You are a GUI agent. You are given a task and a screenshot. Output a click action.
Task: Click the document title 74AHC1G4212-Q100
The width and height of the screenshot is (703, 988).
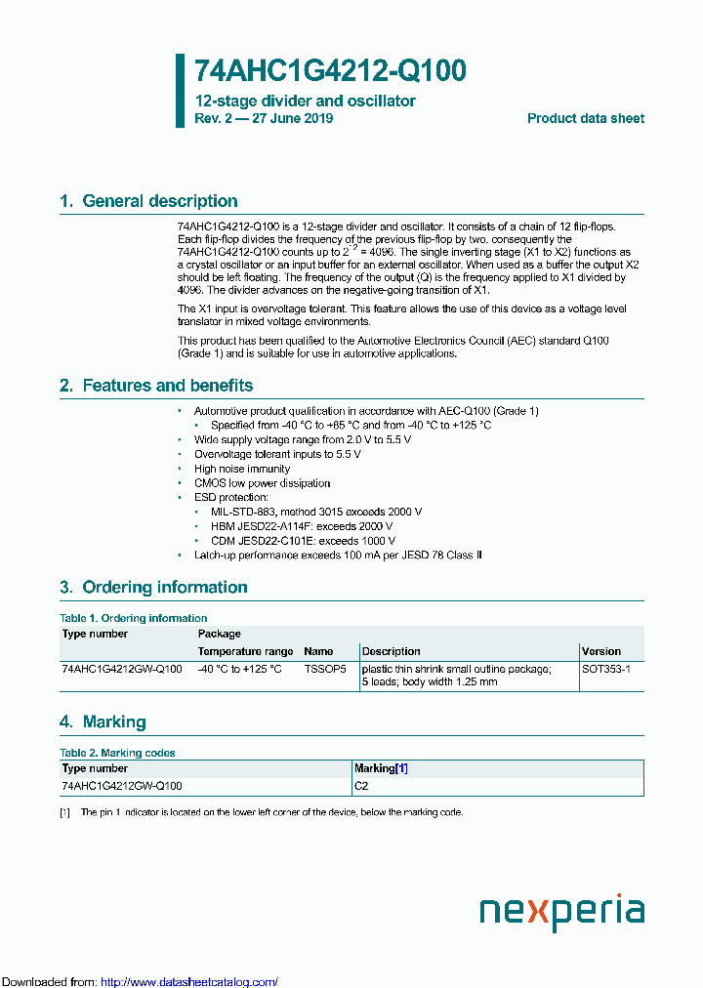[x=330, y=71]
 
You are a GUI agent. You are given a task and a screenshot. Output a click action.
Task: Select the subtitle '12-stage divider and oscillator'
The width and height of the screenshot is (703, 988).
[x=305, y=101]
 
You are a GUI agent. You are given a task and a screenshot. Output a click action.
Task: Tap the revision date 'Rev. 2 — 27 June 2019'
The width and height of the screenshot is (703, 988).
[x=264, y=118]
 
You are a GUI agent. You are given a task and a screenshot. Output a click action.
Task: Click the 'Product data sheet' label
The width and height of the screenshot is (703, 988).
[x=585, y=118]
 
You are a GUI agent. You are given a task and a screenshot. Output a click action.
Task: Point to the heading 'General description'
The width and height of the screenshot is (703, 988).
[x=159, y=201]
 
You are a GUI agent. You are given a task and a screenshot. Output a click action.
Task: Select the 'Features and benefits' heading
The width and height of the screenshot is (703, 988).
[x=167, y=386]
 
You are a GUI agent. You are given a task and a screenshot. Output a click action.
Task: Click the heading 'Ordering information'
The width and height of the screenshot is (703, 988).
[x=164, y=587]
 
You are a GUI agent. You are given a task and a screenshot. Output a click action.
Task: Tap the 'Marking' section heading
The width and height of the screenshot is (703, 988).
[x=113, y=721]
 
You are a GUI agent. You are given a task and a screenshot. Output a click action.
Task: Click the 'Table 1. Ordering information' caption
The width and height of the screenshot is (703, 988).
[x=133, y=618]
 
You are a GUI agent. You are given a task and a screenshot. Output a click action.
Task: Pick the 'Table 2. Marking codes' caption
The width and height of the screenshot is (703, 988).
[x=117, y=753]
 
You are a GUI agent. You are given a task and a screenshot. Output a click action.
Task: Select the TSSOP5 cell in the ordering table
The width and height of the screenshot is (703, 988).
[x=324, y=669]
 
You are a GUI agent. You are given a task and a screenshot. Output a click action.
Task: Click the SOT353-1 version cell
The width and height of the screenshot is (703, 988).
[x=606, y=669]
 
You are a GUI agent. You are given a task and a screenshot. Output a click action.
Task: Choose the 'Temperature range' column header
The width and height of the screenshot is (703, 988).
[x=245, y=651]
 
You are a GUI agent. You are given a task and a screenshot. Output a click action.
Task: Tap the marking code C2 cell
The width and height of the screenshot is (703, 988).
[x=361, y=785]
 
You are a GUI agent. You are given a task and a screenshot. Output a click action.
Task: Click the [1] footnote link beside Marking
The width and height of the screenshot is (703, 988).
[x=401, y=768]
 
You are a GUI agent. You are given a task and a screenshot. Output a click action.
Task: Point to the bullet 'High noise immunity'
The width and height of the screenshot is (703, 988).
[x=241, y=469]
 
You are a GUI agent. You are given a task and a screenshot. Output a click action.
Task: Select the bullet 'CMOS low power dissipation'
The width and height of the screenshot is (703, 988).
[x=262, y=483]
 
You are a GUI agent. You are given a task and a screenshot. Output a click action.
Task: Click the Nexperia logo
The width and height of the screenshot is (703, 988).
[x=561, y=912]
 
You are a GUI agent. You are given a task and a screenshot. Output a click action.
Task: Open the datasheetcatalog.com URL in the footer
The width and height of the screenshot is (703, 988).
[x=189, y=981]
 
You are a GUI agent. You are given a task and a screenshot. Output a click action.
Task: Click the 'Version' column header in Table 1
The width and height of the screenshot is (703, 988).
[x=600, y=651]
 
